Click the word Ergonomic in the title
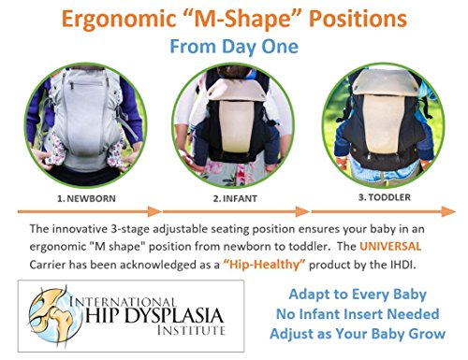coord(119,19)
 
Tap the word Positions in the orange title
coord(358,19)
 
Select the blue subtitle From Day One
coord(234,47)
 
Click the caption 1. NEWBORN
coord(86,198)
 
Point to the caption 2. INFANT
coord(235,198)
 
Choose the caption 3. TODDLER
coord(385,197)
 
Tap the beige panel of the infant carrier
coord(236,126)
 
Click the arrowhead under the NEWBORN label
coord(154,211)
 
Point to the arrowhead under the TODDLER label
coord(448,211)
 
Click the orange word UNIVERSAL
coord(390,246)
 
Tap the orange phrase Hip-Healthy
coord(264,265)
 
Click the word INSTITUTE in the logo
coord(191,330)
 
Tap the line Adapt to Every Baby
coord(358,295)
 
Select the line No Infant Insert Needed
coord(358,314)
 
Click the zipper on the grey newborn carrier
coord(85,84)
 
